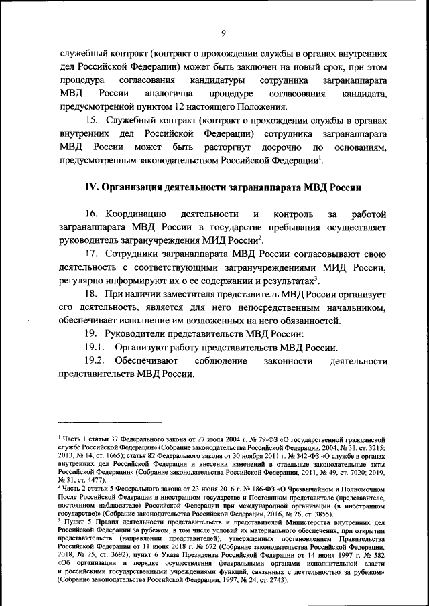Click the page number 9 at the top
point(224,33)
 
